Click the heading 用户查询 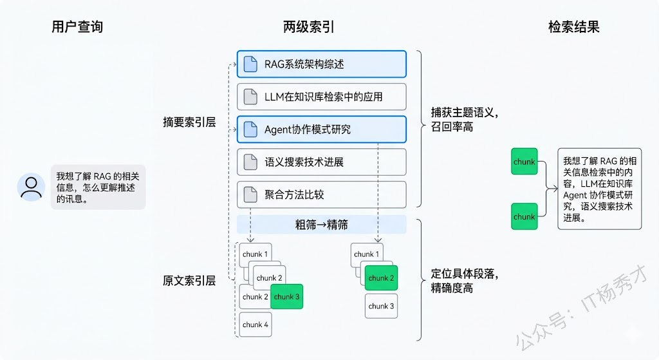click(x=77, y=27)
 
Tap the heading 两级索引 click(x=309, y=27)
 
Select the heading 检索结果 click(x=573, y=27)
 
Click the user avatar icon click(x=31, y=187)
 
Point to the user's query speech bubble click(x=98, y=187)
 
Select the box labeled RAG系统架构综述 click(x=322, y=64)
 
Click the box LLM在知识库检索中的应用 click(x=322, y=97)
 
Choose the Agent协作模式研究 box click(x=322, y=129)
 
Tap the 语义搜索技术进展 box click(x=322, y=162)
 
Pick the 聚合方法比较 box click(x=322, y=194)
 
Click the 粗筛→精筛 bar click(x=322, y=225)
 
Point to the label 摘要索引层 click(x=189, y=122)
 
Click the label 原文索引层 click(x=189, y=281)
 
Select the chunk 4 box click(x=255, y=325)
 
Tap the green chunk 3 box click(x=287, y=297)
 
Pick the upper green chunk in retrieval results click(x=524, y=162)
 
